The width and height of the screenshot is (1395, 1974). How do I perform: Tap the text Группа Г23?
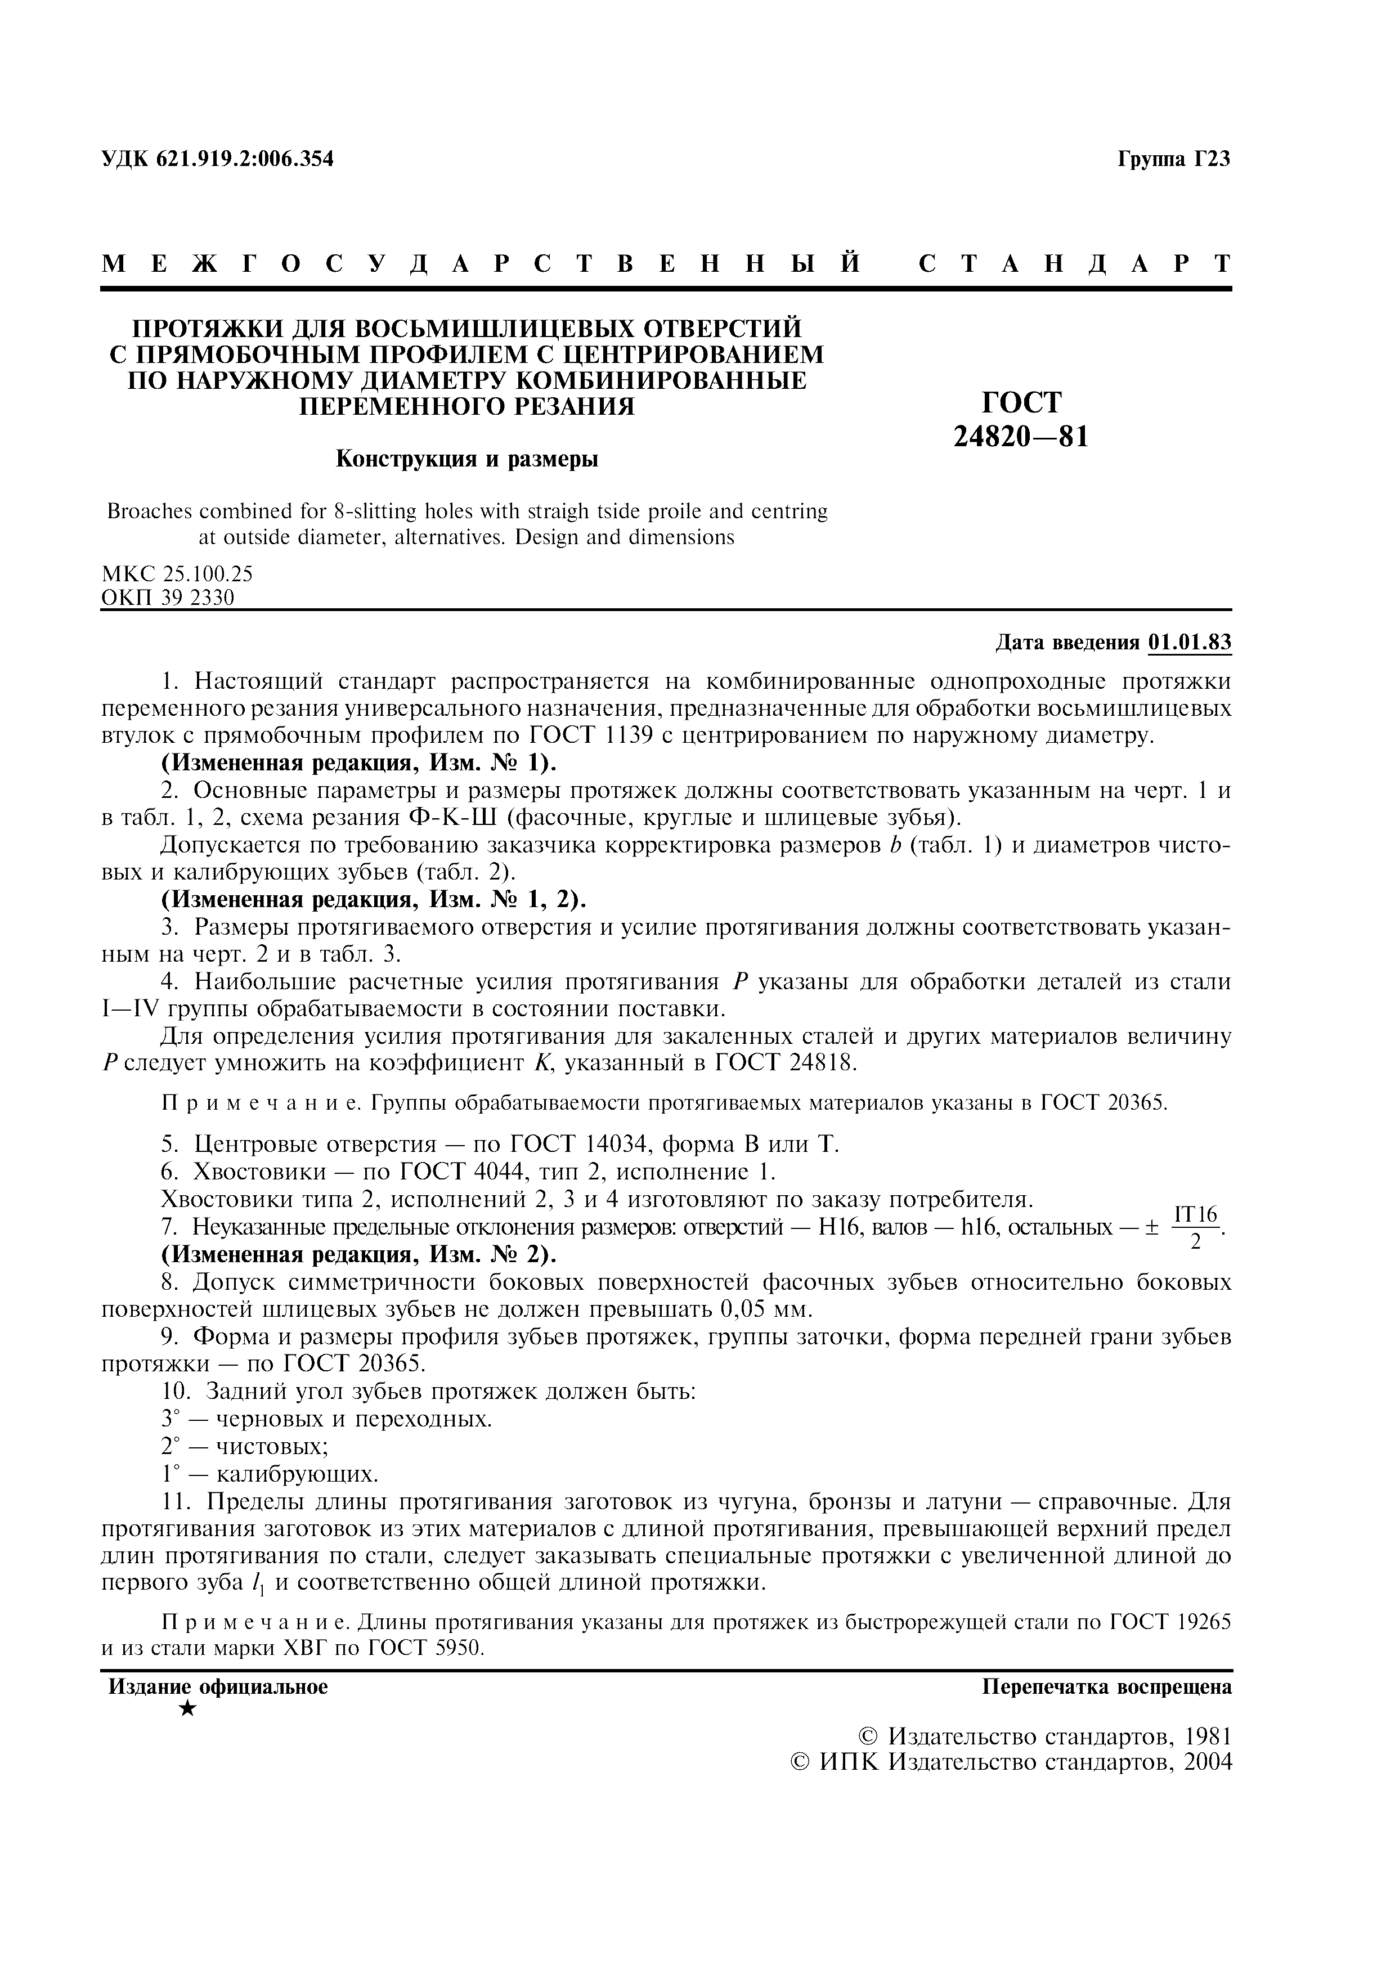[x=1173, y=159]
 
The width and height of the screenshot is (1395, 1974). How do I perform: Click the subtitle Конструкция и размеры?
[x=466, y=459]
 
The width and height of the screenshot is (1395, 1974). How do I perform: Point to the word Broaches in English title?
[x=146, y=512]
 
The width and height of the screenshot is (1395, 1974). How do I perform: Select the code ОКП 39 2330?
[x=168, y=596]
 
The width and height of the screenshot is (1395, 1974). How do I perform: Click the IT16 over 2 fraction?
[x=1196, y=1227]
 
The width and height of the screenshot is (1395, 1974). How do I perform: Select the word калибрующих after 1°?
[x=297, y=1474]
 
